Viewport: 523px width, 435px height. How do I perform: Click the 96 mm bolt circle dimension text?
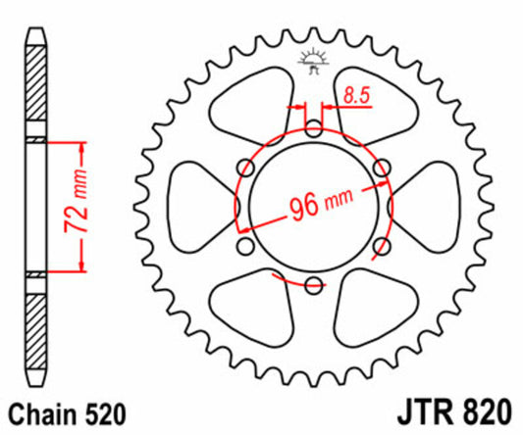pos(319,206)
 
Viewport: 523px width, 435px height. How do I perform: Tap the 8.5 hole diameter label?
pos(356,95)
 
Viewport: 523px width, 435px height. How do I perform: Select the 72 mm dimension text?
pos(70,205)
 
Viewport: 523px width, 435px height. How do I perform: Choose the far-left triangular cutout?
pos(201,206)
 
